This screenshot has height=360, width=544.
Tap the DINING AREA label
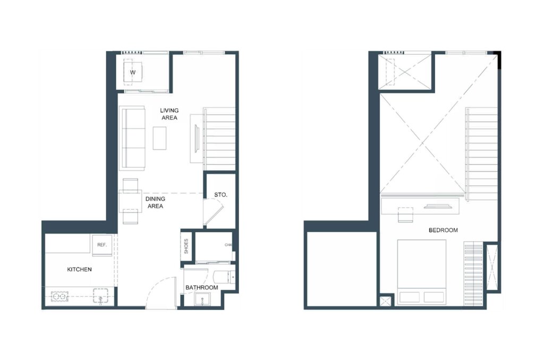point(156,202)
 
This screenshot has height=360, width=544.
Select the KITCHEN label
point(79,270)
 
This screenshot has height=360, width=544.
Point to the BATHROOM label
point(201,288)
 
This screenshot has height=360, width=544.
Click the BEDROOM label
point(443,230)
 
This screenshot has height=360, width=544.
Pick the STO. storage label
point(220,195)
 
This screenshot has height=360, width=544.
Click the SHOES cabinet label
point(186,246)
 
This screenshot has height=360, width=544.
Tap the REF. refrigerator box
point(103,245)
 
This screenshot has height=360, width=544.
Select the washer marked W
point(132,72)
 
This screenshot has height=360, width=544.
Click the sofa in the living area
point(132,137)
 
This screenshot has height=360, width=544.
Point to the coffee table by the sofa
point(159,138)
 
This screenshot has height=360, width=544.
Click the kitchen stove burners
point(60,296)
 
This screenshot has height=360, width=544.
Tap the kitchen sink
point(101,296)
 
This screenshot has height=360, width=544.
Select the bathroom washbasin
point(201,301)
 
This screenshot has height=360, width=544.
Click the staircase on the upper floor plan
point(482,151)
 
